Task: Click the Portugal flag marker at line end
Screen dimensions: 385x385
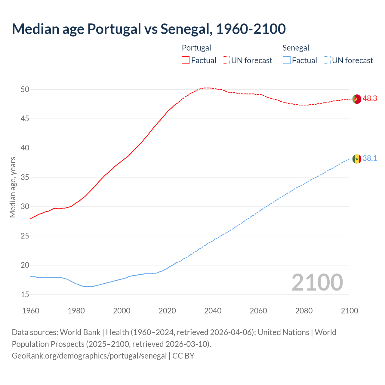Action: tap(357, 99)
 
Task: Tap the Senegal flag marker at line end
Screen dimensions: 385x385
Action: tap(357, 159)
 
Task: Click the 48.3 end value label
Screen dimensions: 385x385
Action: tap(370, 99)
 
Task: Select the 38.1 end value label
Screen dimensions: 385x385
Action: tap(370, 159)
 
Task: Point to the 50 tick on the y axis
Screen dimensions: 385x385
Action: tap(25, 89)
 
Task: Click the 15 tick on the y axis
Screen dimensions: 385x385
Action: tap(25, 294)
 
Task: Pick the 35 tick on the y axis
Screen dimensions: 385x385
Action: tap(25, 177)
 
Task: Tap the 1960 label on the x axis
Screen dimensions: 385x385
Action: tap(31, 311)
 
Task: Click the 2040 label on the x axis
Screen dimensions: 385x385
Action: tap(213, 311)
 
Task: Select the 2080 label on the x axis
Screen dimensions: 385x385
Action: tap(304, 311)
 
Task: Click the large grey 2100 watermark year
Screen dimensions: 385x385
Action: tap(317, 282)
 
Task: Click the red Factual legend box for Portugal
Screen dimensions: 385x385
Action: tap(186, 60)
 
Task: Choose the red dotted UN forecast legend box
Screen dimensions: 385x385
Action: tap(226, 60)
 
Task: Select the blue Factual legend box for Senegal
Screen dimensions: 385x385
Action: tap(286, 60)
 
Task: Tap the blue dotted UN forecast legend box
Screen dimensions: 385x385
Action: tap(326, 60)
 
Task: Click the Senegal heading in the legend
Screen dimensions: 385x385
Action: tap(296, 48)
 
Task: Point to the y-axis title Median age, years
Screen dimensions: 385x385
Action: tap(13, 187)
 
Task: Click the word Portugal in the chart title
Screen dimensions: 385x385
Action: tap(114, 29)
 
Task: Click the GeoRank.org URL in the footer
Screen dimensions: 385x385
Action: tap(89, 356)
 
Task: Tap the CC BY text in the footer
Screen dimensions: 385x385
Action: tap(183, 356)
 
